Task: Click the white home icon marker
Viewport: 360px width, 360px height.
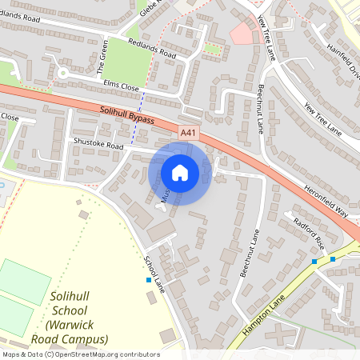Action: pyautogui.click(x=180, y=173)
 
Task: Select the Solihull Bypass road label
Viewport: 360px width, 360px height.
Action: pyautogui.click(x=129, y=119)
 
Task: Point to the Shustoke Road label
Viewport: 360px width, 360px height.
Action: pyautogui.click(x=98, y=146)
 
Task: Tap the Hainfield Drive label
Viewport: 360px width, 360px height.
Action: pyautogui.click(x=343, y=58)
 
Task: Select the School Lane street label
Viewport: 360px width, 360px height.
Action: pyautogui.click(x=154, y=274)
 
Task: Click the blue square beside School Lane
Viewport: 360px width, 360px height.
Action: pyautogui.click(x=149, y=280)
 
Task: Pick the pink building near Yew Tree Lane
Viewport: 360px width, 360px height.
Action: pyautogui.click(x=242, y=33)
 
